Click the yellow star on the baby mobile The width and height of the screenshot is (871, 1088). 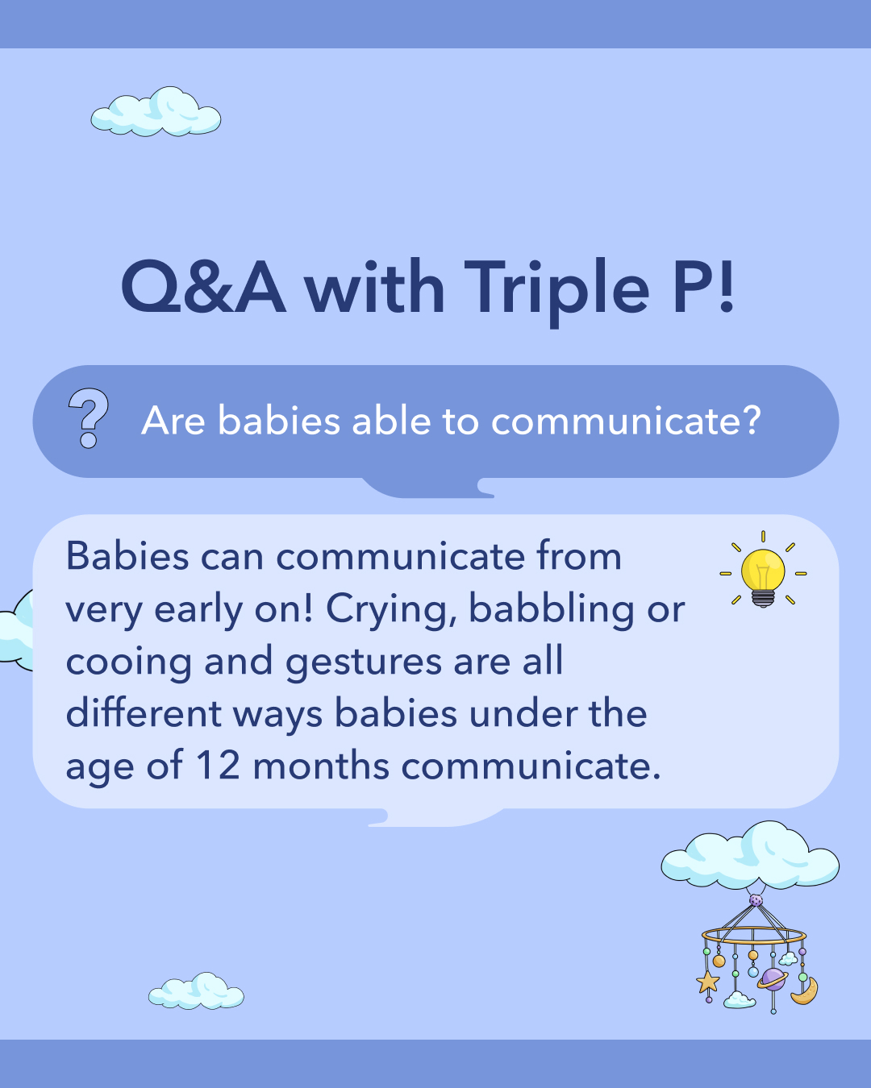pos(708,981)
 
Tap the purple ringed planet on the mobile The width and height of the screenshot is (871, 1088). pos(773,978)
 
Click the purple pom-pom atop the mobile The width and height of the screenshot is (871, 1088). pos(756,899)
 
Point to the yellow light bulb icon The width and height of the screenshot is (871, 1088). pos(763,573)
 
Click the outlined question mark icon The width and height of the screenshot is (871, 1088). pos(89,418)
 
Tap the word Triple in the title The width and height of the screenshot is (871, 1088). pos(556,289)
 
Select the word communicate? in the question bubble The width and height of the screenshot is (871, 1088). pos(626,421)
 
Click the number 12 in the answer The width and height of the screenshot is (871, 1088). pos(218,765)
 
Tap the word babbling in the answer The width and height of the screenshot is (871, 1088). pos(552,609)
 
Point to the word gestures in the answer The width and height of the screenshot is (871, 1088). pos(363,662)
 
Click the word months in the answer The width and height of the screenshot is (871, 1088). pos(321,765)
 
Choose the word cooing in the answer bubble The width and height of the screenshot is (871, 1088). pos(128,662)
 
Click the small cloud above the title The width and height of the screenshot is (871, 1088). pos(156,113)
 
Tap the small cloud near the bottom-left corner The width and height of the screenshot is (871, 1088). pos(196,992)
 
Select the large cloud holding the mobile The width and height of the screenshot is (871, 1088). pos(750,857)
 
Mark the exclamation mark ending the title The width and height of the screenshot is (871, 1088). pos(726,287)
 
